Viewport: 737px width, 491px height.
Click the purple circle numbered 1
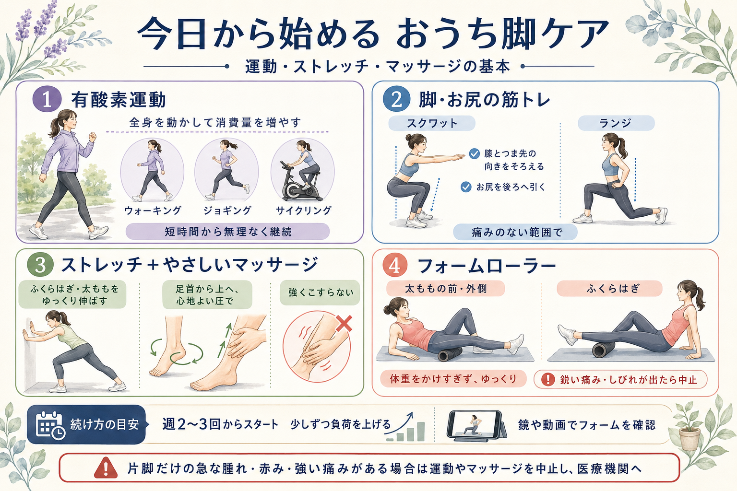pos(47,99)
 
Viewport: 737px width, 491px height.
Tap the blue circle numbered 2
pos(396,99)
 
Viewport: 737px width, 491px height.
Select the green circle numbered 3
pos(40,265)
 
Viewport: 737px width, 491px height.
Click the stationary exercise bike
pos(300,182)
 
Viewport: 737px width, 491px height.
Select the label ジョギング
pos(228,210)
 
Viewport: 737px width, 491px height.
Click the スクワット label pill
pos(432,123)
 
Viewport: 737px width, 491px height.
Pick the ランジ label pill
pos(616,123)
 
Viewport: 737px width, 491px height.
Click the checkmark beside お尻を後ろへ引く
pos(466,187)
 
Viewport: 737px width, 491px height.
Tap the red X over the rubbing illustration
pos(344,323)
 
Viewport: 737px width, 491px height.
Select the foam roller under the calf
pos(604,349)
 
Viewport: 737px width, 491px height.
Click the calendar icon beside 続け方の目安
pos(50,425)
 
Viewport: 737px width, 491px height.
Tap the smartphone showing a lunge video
pos(476,426)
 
